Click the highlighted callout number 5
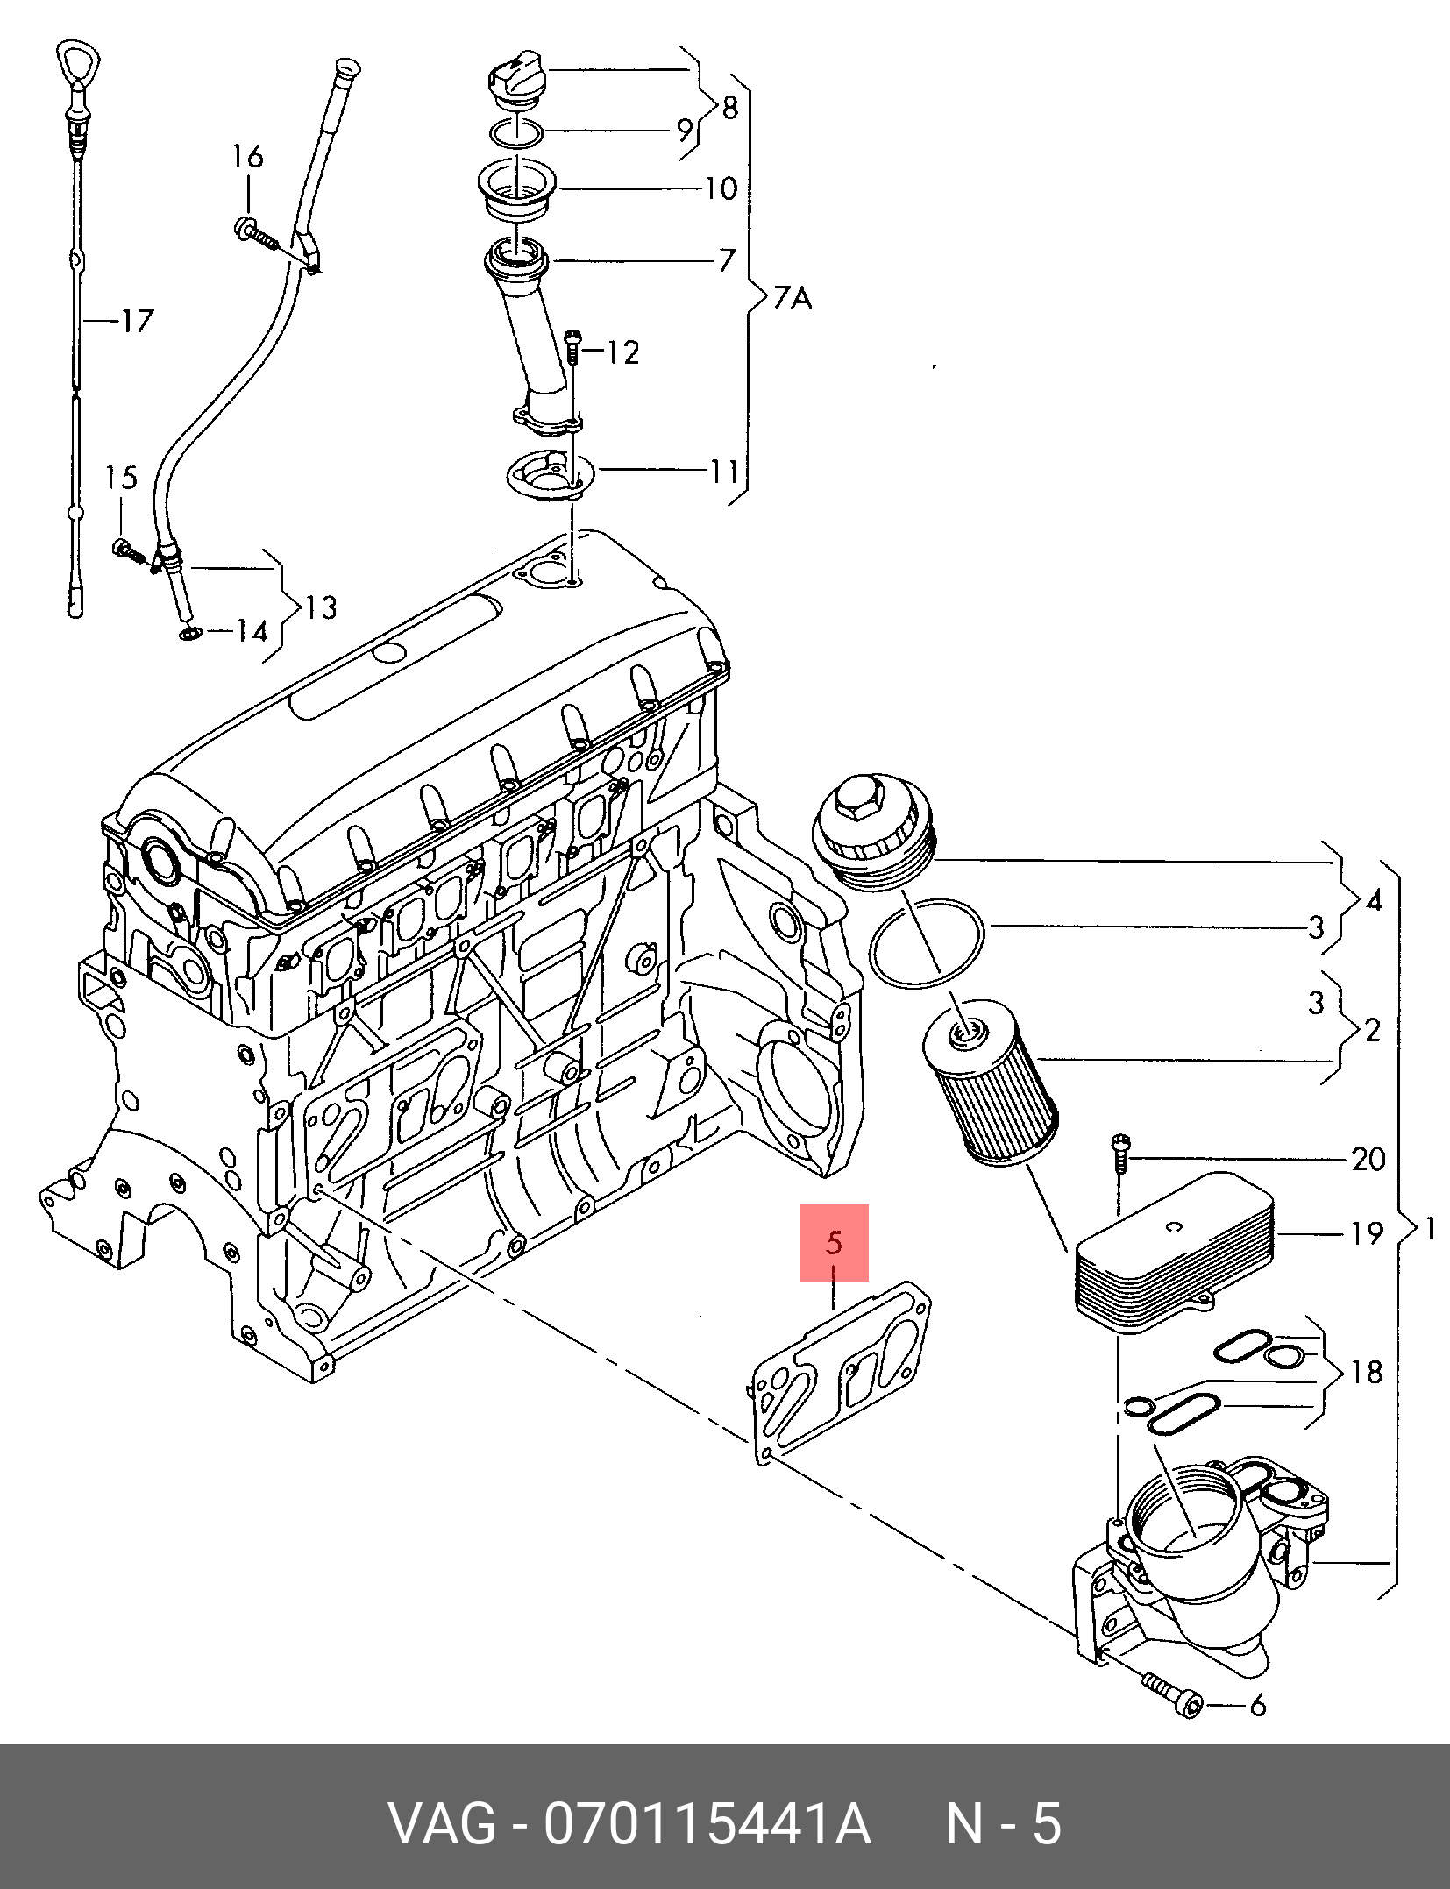[x=834, y=1242]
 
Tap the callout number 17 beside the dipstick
[x=136, y=321]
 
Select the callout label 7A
[x=793, y=299]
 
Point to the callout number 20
[x=1368, y=1160]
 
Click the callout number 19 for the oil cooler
[x=1366, y=1233]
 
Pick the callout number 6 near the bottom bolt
[x=1257, y=1705]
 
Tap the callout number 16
[x=247, y=157]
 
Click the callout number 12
[x=622, y=352]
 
